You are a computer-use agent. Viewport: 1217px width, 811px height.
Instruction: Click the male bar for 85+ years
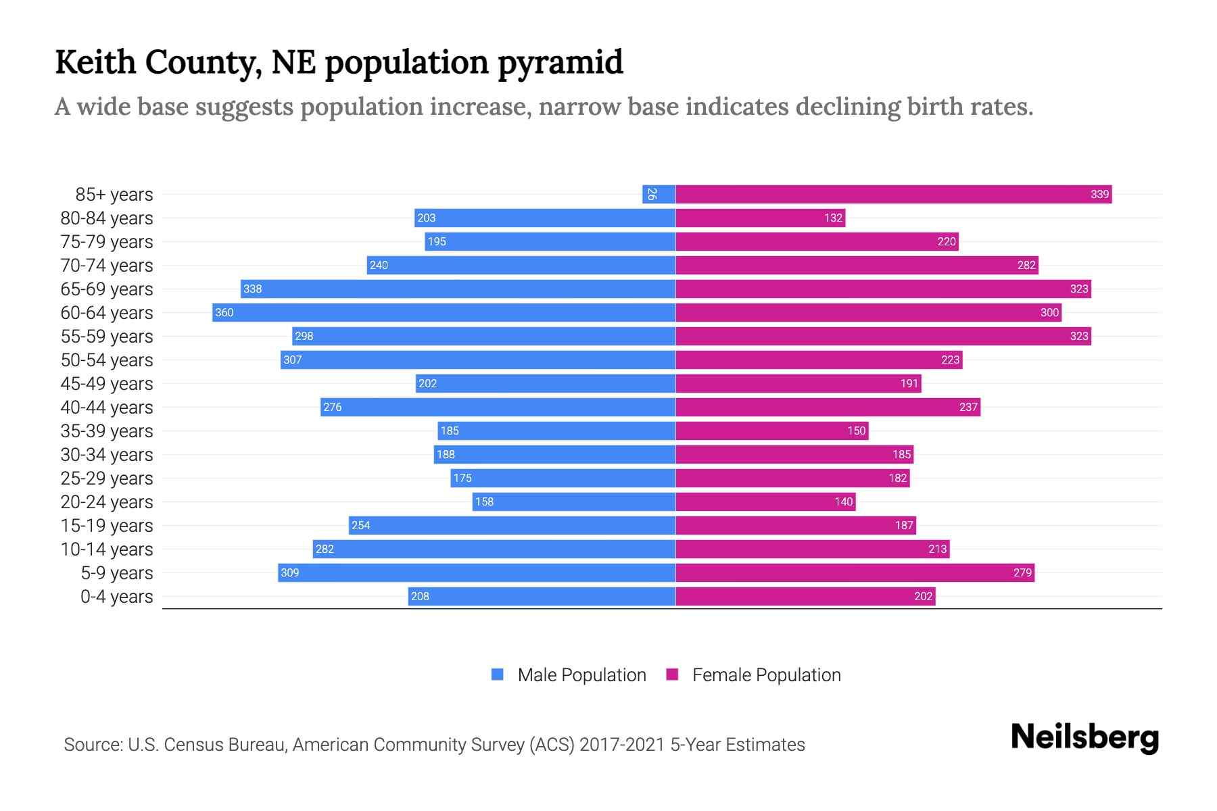(659, 195)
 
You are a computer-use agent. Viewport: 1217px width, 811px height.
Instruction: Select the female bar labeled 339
(892, 195)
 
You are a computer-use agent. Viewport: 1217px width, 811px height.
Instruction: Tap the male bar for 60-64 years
(444, 313)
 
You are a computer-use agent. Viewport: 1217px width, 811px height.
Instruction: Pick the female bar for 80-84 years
(760, 218)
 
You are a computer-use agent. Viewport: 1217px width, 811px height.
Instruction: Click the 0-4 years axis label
(116, 597)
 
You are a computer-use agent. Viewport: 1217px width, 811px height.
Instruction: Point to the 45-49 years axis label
(107, 384)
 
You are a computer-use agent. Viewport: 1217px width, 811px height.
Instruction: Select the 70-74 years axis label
(107, 266)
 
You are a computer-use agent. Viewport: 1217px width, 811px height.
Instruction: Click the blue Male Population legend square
(498, 674)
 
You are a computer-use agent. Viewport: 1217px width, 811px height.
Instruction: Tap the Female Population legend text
(766, 675)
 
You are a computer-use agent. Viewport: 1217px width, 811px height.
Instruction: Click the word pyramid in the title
(560, 63)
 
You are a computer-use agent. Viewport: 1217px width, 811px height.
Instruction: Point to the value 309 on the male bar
(290, 573)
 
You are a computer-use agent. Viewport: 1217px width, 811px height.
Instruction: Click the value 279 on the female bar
(1022, 573)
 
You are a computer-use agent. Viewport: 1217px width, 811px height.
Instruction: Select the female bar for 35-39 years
(771, 431)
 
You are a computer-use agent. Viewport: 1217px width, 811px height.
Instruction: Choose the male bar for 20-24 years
(573, 502)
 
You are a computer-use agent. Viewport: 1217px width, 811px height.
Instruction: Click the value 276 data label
(333, 408)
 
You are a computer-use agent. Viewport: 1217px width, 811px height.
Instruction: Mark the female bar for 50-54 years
(818, 360)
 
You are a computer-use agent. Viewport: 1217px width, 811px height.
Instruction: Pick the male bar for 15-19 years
(512, 526)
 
